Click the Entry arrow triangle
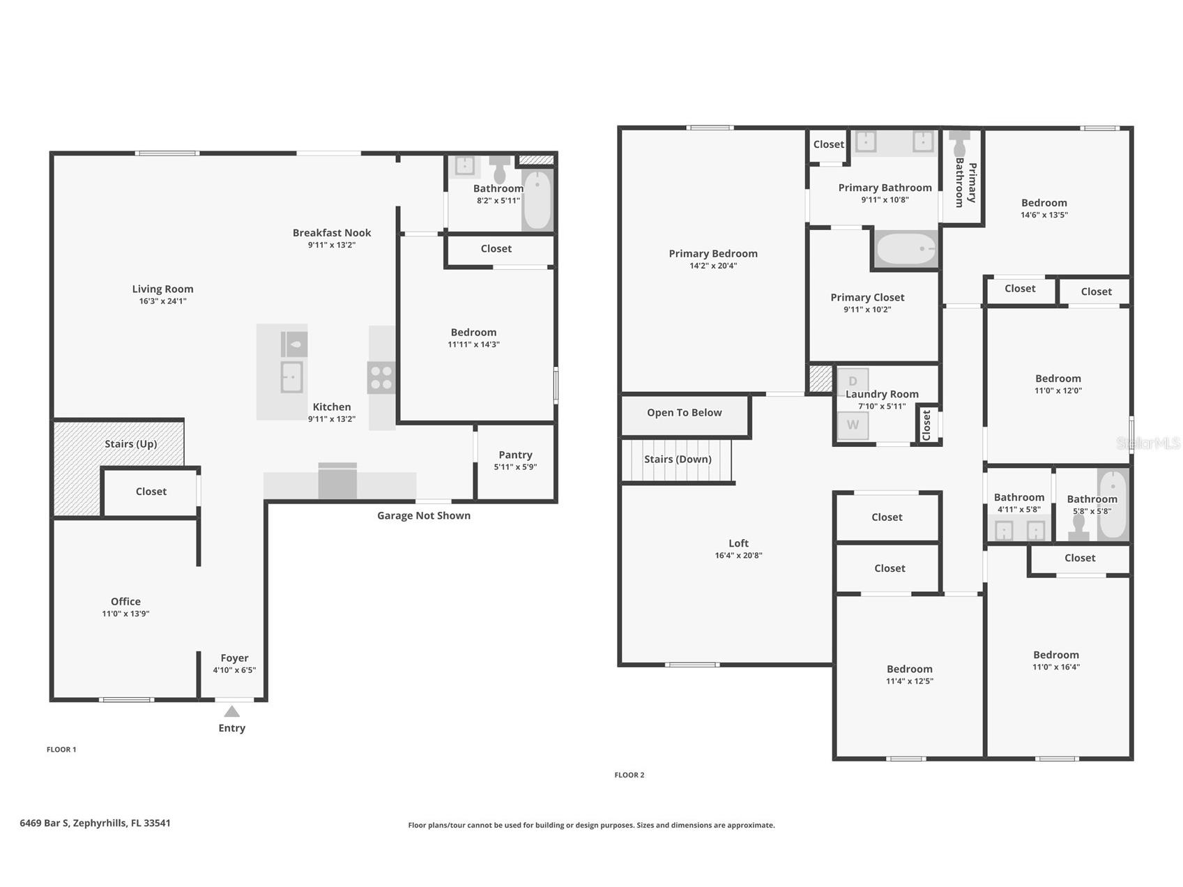(232, 711)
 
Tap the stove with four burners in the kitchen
(381, 377)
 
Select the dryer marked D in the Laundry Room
(853, 381)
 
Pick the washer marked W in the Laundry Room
(853, 425)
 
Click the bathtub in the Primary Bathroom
(906, 249)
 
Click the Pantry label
(515, 455)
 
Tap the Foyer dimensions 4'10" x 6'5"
(234, 670)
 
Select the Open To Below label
(685, 412)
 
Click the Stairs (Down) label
(678, 459)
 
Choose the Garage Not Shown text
(424, 515)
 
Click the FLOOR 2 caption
(629, 775)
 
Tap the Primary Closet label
(867, 297)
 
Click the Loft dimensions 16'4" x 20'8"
(738, 556)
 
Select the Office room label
(125, 601)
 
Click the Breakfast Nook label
(332, 232)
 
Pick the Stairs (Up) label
(131, 443)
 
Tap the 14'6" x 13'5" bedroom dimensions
(1044, 215)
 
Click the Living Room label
(163, 289)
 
